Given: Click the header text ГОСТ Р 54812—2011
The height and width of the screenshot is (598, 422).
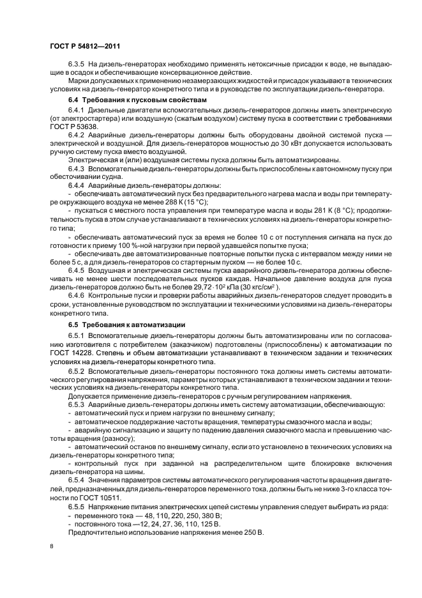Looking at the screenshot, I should [x=85, y=45].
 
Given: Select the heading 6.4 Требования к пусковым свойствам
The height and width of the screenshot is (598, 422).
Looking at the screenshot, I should [x=137, y=101].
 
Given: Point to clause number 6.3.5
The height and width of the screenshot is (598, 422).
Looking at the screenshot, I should [x=76, y=65].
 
